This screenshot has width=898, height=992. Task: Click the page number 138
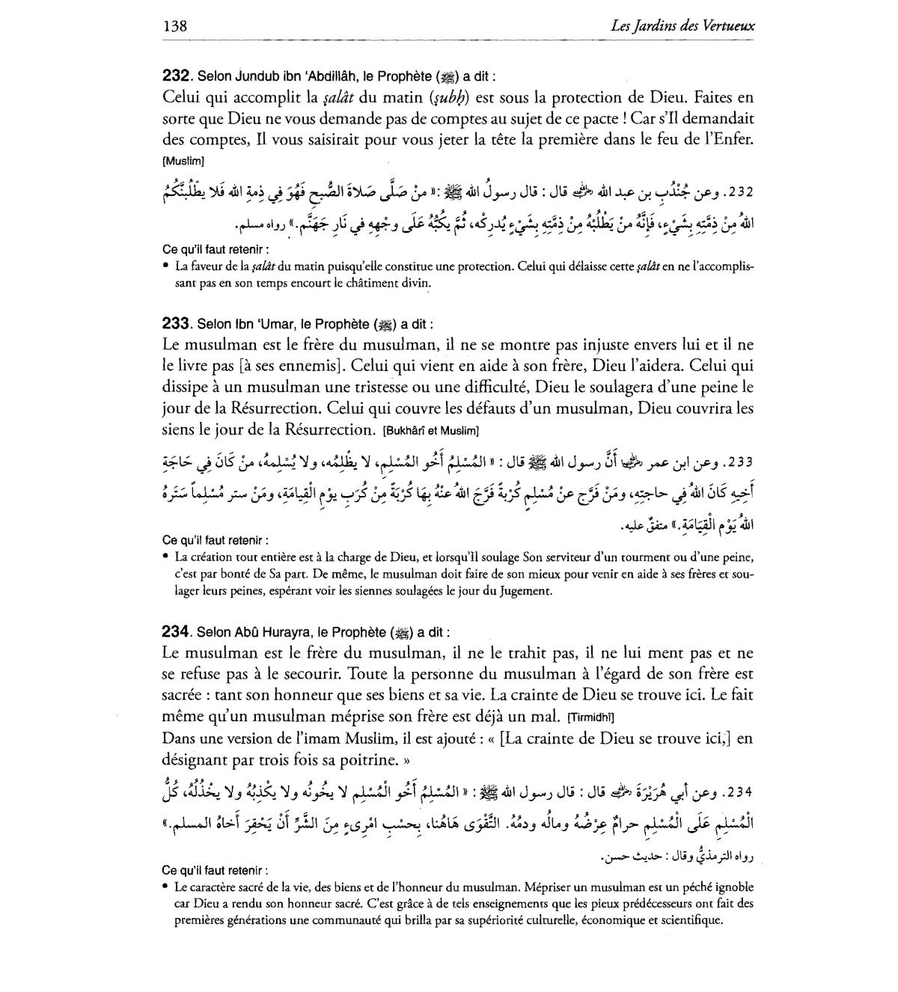(x=174, y=26)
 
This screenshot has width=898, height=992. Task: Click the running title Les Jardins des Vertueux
(x=682, y=26)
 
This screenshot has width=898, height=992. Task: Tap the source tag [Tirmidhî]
(x=591, y=717)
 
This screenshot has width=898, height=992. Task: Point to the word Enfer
(x=732, y=139)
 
